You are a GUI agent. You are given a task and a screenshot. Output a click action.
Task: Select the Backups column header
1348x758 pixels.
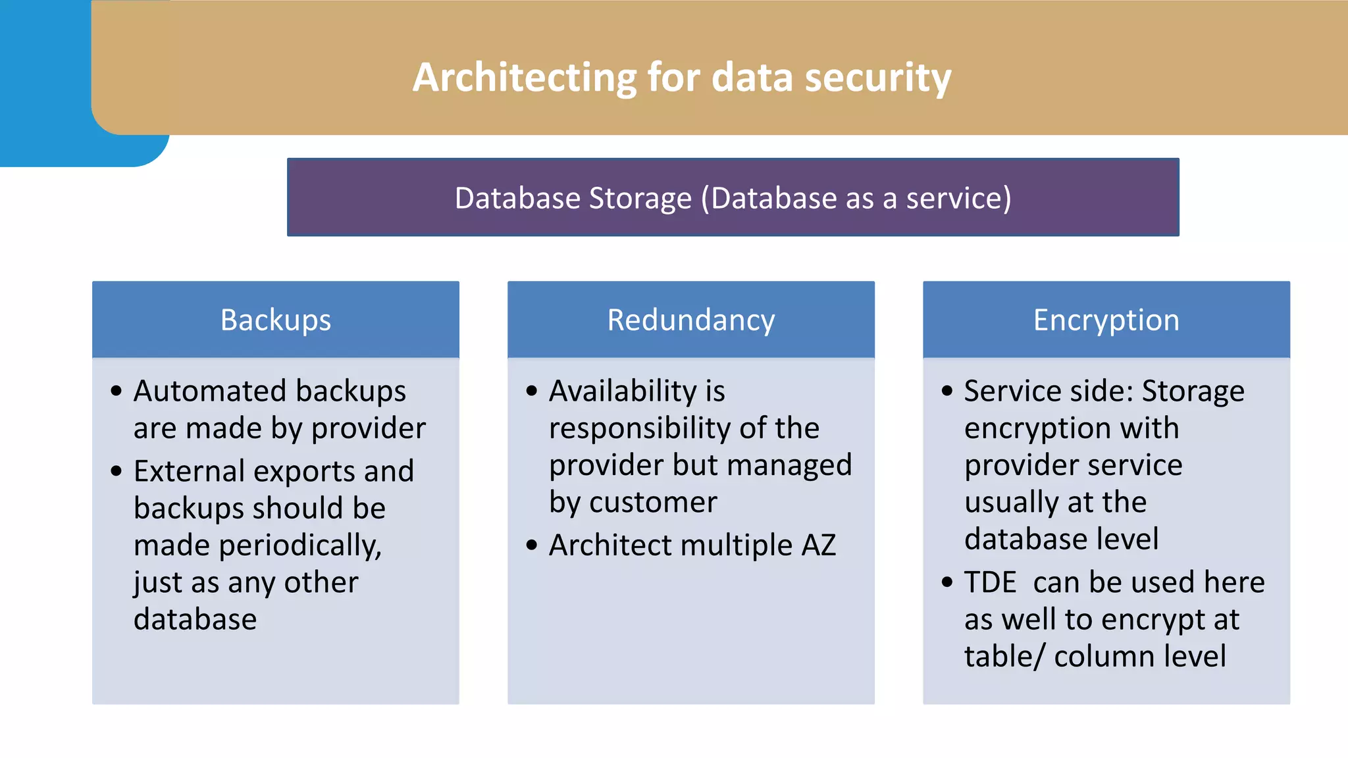coord(275,320)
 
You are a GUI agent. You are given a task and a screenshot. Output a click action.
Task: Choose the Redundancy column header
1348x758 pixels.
coord(690,320)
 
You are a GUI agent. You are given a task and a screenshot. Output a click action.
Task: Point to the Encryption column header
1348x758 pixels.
coord(1106,320)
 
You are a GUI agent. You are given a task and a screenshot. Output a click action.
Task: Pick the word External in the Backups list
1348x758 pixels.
coord(190,471)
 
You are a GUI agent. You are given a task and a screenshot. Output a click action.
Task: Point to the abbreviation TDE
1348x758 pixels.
coord(990,583)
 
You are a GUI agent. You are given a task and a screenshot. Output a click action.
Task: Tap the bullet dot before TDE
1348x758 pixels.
coord(947,582)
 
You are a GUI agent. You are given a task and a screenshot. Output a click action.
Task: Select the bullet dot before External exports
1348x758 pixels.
coord(117,471)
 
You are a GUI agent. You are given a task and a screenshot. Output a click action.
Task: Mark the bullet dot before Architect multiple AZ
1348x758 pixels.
coord(532,545)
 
